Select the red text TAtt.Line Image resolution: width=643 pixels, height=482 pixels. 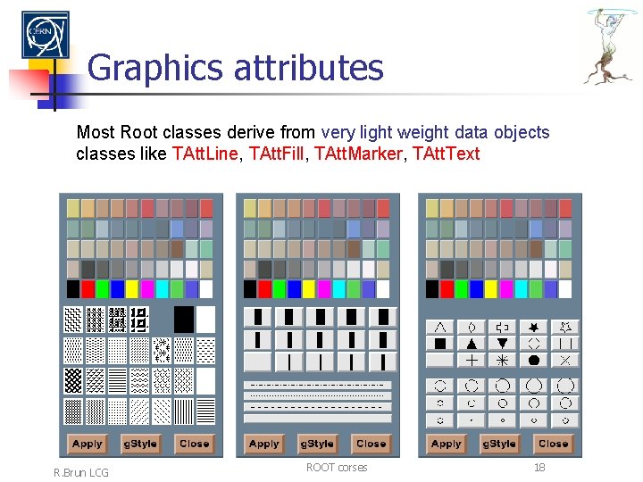click(204, 154)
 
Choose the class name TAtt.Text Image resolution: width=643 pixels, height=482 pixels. click(447, 154)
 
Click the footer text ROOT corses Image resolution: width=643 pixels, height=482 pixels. click(336, 467)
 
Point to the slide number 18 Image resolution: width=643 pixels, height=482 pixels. click(539, 467)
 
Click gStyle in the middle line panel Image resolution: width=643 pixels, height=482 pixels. click(318, 444)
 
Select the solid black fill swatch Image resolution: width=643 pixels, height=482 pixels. click(183, 319)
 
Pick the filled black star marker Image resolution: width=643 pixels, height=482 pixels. click(534, 327)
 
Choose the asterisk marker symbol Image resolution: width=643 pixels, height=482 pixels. click(502, 360)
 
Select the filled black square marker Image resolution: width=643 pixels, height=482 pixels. click(440, 344)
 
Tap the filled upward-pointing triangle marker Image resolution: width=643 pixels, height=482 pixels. click(472, 344)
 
